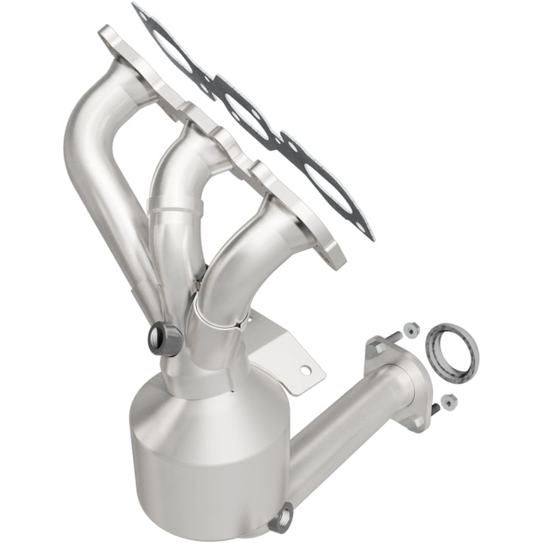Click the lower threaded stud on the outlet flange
pyautogui.click(x=436, y=411)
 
